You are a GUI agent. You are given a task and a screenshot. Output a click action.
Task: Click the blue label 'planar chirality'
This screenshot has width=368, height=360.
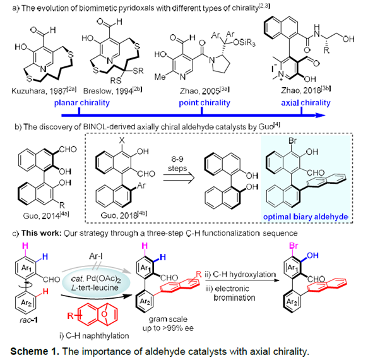point(81,103)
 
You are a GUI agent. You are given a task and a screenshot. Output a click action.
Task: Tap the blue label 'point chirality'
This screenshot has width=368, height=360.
point(205,103)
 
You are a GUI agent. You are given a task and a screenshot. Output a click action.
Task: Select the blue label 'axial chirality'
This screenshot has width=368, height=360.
point(306,103)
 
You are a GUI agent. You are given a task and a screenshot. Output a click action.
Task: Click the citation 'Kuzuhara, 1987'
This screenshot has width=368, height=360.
point(44,90)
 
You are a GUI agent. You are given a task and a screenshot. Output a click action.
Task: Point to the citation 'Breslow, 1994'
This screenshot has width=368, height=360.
point(112,90)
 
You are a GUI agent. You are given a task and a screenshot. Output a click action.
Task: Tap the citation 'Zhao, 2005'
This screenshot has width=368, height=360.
point(205,90)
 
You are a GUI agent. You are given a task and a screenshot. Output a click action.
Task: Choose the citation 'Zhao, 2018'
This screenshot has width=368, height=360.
point(306,90)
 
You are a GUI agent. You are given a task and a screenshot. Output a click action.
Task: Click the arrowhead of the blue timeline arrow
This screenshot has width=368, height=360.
point(321,115)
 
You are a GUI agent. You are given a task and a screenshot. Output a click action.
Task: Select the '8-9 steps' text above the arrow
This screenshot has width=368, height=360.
point(177,164)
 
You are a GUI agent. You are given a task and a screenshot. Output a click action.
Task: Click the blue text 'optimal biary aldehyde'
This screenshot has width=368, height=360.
point(306,217)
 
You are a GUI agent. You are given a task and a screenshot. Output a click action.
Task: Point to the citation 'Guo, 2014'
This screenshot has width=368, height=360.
point(46,215)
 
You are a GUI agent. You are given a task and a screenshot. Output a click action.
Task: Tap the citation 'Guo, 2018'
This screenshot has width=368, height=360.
point(124,215)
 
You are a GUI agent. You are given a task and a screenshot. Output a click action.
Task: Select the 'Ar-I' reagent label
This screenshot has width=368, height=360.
point(96,256)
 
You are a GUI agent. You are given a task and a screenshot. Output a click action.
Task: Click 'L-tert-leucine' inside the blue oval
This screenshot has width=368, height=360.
point(95,287)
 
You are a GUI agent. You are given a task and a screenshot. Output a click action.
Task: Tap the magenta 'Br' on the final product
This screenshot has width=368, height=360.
point(294,246)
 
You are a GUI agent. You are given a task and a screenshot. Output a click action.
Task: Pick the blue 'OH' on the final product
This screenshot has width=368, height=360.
point(312,255)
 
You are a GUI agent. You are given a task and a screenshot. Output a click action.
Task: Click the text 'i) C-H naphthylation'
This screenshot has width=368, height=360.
point(94,336)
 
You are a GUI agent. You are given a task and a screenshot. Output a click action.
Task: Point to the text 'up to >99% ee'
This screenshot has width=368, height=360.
point(168,328)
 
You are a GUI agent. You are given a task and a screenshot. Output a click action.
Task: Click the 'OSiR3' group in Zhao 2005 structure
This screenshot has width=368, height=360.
point(244,43)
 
